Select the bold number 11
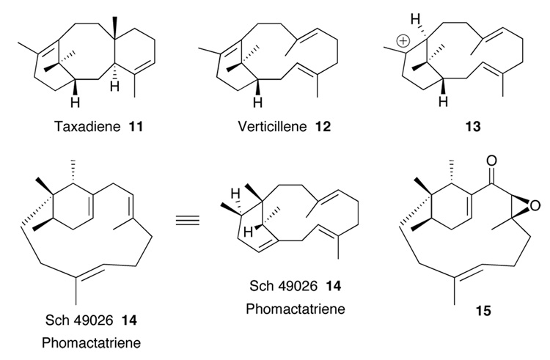point(133,127)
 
